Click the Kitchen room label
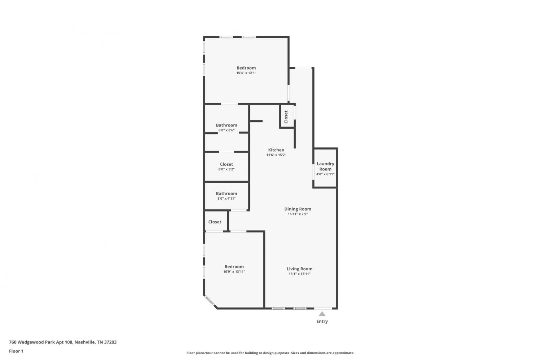click(276, 150)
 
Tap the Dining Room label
click(298, 209)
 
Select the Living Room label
click(299, 269)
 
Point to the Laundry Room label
click(325, 166)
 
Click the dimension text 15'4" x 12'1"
click(246, 73)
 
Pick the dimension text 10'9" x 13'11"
click(234, 272)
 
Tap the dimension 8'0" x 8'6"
click(226, 130)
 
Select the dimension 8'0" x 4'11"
click(226, 199)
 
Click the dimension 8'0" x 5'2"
click(226, 169)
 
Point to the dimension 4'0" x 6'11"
click(325, 174)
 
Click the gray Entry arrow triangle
click(322, 314)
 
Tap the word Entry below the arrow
click(322, 321)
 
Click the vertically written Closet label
click(286, 117)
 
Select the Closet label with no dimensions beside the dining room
click(215, 222)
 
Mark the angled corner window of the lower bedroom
click(209, 301)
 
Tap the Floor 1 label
click(16, 351)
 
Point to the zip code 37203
click(110, 342)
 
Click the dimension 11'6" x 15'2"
click(276, 155)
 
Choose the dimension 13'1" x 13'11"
click(299, 274)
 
